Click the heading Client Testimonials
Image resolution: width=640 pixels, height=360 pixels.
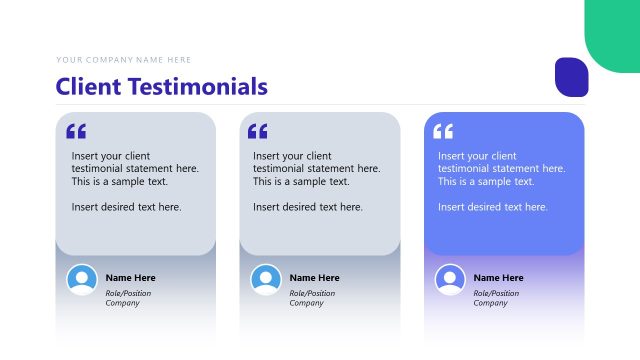[x=162, y=86]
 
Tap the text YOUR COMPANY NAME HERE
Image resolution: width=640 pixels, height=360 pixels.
[x=124, y=60]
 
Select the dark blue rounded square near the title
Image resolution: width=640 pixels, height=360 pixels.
[x=571, y=77]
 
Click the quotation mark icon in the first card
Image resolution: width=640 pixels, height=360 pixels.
[x=76, y=131]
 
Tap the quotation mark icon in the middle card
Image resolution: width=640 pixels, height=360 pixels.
[x=258, y=131]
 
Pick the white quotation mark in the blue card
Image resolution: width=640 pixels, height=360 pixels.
[x=443, y=131]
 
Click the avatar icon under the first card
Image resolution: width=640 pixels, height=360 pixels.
[x=82, y=279]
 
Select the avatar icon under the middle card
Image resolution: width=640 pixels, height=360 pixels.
[x=266, y=279]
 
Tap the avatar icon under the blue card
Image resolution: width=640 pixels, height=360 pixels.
[x=450, y=279]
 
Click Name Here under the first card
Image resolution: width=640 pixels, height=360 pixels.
[x=130, y=277]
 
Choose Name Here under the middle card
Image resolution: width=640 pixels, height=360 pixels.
[x=314, y=277]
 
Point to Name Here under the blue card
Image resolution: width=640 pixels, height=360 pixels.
[x=498, y=277]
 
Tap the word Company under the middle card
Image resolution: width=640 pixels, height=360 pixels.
[x=306, y=303]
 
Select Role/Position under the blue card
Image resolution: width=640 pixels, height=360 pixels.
[x=496, y=293]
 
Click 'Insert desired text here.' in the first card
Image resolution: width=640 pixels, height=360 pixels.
[x=126, y=207]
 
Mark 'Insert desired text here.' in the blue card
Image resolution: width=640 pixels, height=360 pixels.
[x=493, y=207]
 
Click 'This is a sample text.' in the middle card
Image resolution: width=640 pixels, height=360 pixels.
[x=301, y=182]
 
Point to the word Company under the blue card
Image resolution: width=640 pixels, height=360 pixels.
[x=490, y=303]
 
